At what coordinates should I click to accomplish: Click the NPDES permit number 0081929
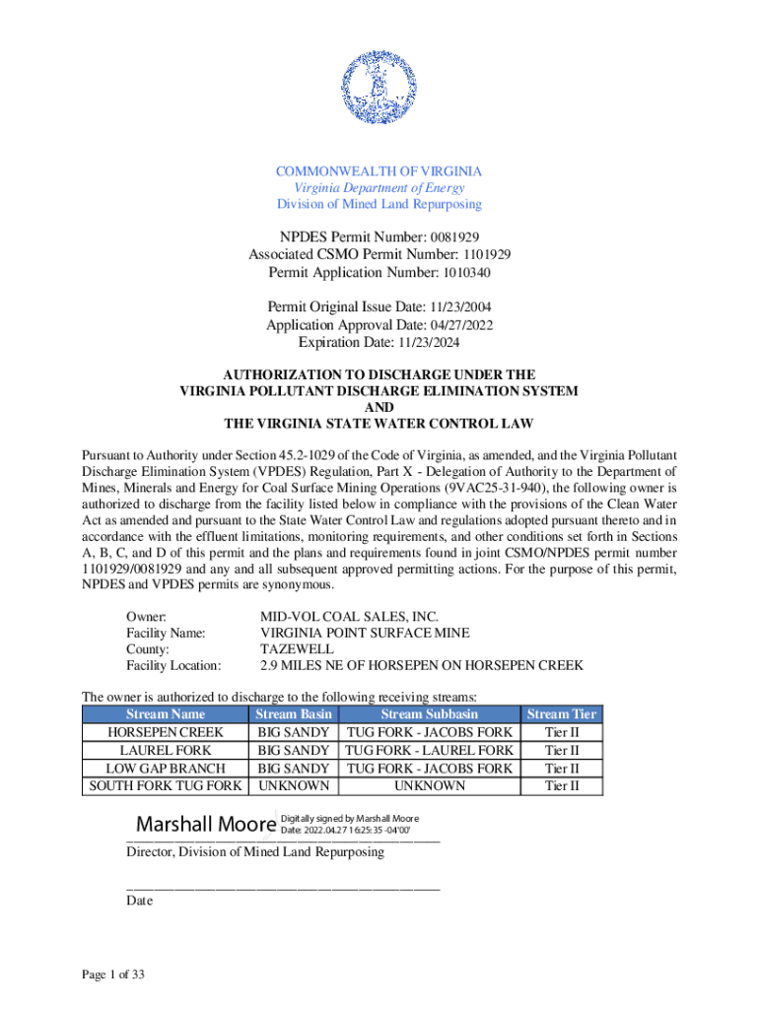pyautogui.click(x=452, y=237)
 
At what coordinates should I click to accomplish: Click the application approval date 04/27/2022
pyautogui.click(x=461, y=325)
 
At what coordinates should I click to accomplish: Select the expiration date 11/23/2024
pyautogui.click(x=429, y=342)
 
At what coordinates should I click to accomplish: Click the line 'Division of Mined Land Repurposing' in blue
pyautogui.click(x=379, y=204)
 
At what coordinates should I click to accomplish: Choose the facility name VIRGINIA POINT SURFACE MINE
pyautogui.click(x=365, y=633)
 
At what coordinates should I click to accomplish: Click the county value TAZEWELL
pyautogui.click(x=297, y=649)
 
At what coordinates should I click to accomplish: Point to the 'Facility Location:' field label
pyautogui.click(x=173, y=666)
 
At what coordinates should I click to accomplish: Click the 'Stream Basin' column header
pyautogui.click(x=293, y=714)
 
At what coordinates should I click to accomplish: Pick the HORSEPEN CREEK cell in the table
pyautogui.click(x=166, y=732)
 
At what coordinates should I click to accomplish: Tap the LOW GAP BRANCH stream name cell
pyautogui.click(x=166, y=768)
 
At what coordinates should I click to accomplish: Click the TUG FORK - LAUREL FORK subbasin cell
pyautogui.click(x=429, y=750)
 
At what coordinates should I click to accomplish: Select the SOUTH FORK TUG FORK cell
pyautogui.click(x=166, y=785)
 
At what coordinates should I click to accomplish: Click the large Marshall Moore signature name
pyautogui.click(x=205, y=823)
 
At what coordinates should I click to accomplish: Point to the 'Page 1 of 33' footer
pyautogui.click(x=113, y=975)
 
